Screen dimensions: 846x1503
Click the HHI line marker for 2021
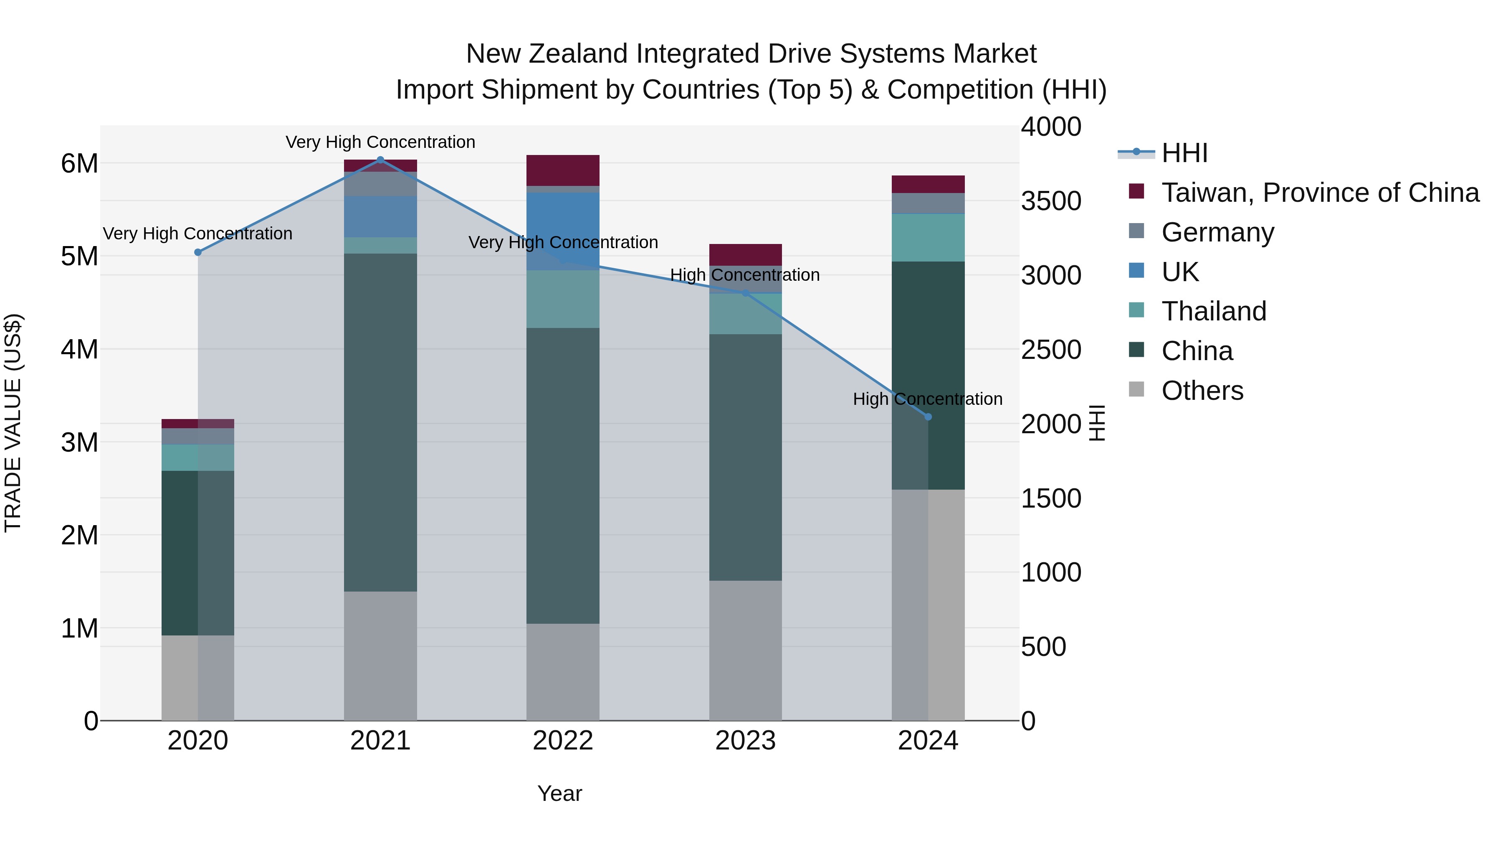click(x=380, y=160)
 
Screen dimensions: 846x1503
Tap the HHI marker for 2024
click(x=928, y=417)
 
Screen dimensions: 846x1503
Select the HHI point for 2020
click(x=198, y=252)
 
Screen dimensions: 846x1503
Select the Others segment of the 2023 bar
click(x=745, y=649)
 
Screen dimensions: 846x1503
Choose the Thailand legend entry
click(x=1214, y=311)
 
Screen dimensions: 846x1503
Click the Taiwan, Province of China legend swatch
click(x=1136, y=191)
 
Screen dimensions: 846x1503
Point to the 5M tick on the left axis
click(x=79, y=257)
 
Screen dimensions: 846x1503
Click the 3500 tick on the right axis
click(x=1051, y=201)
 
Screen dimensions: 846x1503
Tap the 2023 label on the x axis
click(x=745, y=741)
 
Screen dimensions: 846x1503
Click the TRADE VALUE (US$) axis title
click(x=13, y=423)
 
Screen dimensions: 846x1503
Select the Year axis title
click(x=559, y=793)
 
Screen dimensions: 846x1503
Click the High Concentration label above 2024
click(x=928, y=399)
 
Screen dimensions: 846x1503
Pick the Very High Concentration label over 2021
click(x=380, y=142)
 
